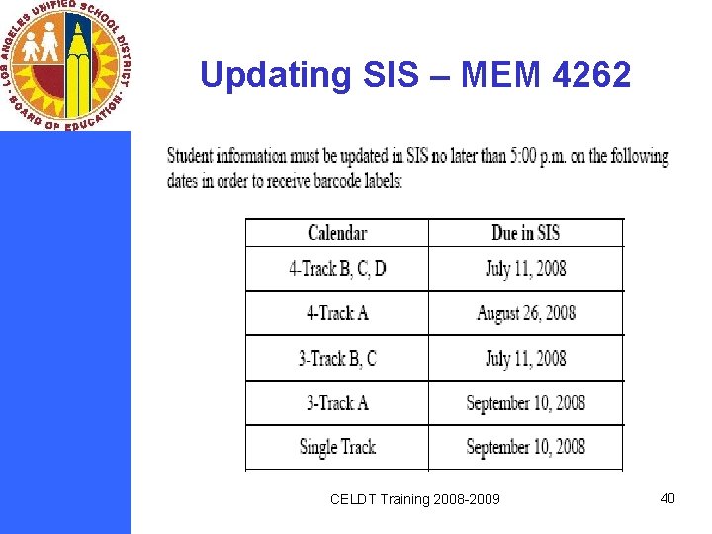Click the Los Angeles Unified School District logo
(66, 66)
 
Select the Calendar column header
(337, 233)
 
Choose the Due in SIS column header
(525, 233)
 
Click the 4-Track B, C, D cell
(337, 269)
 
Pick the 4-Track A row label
(337, 313)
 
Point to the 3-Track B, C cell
(337, 358)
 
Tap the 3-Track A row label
(337, 402)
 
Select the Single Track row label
(337, 447)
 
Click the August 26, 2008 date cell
(525, 313)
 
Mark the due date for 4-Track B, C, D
(525, 269)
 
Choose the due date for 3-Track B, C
(525, 358)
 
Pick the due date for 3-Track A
(525, 402)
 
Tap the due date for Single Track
(525, 447)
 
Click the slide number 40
(667, 498)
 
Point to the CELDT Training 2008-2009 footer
(414, 499)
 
